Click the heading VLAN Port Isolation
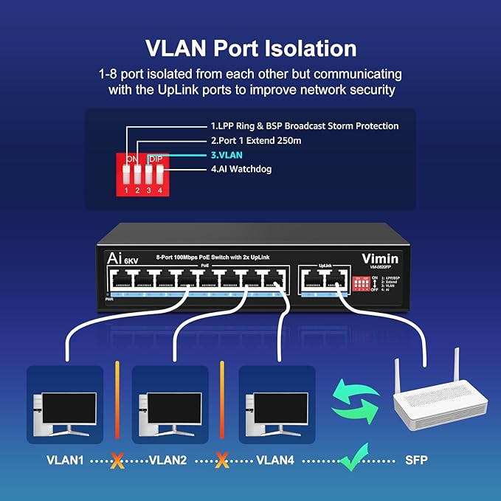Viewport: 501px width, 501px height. pos(250,48)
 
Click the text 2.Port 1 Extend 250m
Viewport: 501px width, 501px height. pos(256,140)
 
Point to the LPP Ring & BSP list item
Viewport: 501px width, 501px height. pos(304,126)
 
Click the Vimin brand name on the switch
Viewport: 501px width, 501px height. pos(381,258)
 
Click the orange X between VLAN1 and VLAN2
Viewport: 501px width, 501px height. pos(114,461)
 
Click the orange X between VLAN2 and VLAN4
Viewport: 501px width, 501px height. pos(221,461)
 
